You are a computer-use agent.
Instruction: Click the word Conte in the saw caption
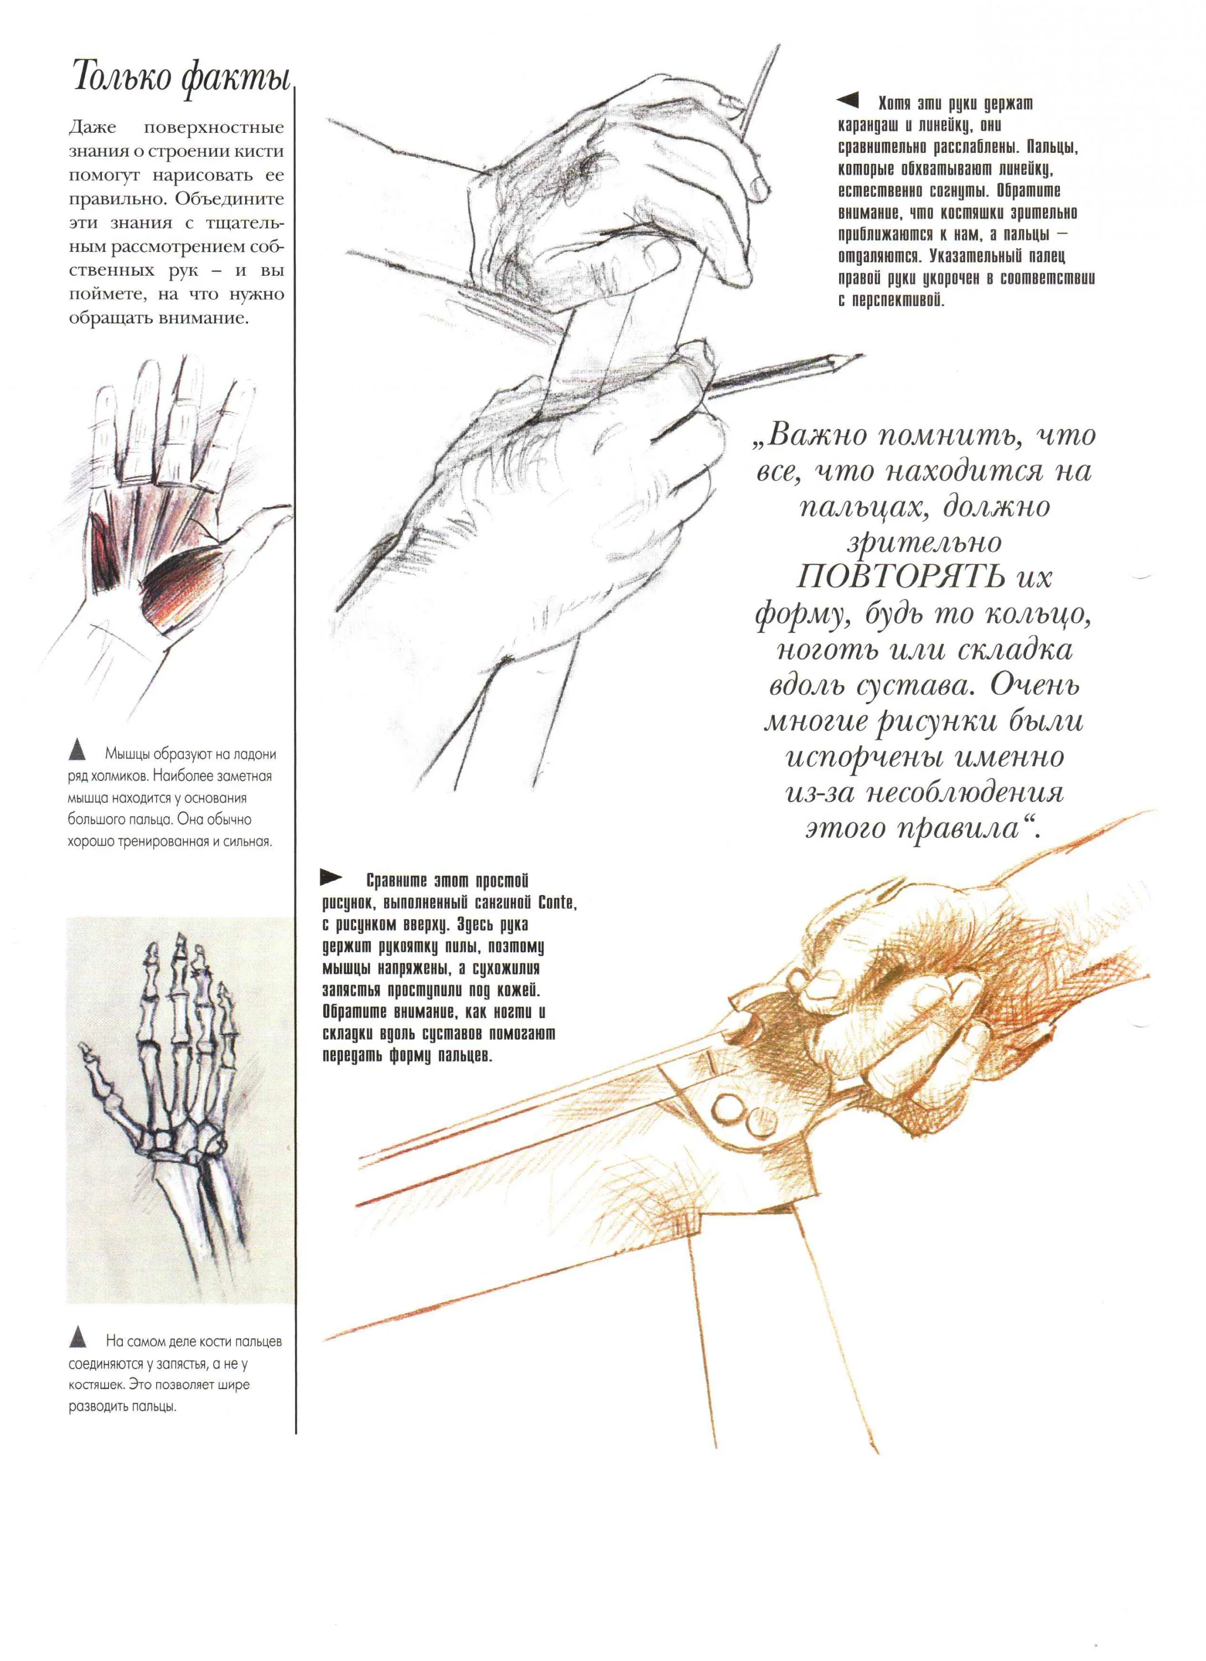556,902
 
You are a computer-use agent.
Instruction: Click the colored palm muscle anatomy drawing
168,535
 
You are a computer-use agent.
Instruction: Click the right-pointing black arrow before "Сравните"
331,876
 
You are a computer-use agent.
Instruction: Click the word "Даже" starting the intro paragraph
93,128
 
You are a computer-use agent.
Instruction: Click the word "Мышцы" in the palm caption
130,754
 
